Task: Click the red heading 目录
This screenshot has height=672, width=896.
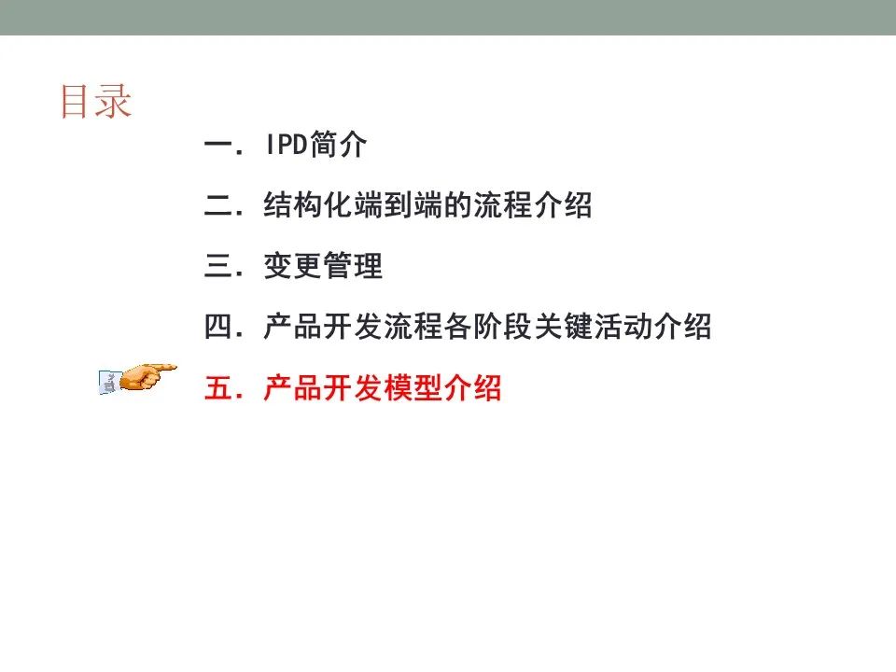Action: (96, 102)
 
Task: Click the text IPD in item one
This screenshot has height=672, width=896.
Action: (287, 144)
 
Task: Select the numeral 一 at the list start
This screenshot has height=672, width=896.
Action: (217, 145)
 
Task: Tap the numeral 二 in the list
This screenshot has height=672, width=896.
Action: (217, 205)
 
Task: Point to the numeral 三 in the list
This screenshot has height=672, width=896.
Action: (217, 266)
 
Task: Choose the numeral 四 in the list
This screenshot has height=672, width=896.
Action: (217, 327)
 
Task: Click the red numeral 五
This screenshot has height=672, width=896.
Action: (217, 388)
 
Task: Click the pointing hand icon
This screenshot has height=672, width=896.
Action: (138, 378)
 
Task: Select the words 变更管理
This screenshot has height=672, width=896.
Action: (323, 266)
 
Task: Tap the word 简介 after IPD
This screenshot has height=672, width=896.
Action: (338, 144)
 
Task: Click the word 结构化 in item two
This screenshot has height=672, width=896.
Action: (308, 205)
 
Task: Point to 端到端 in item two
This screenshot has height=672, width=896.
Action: (399, 205)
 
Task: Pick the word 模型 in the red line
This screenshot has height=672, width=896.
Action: (413, 388)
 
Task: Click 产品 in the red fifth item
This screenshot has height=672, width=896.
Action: (292, 388)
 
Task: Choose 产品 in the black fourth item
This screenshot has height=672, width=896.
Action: (292, 327)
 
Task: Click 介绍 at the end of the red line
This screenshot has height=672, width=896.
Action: (472, 388)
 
